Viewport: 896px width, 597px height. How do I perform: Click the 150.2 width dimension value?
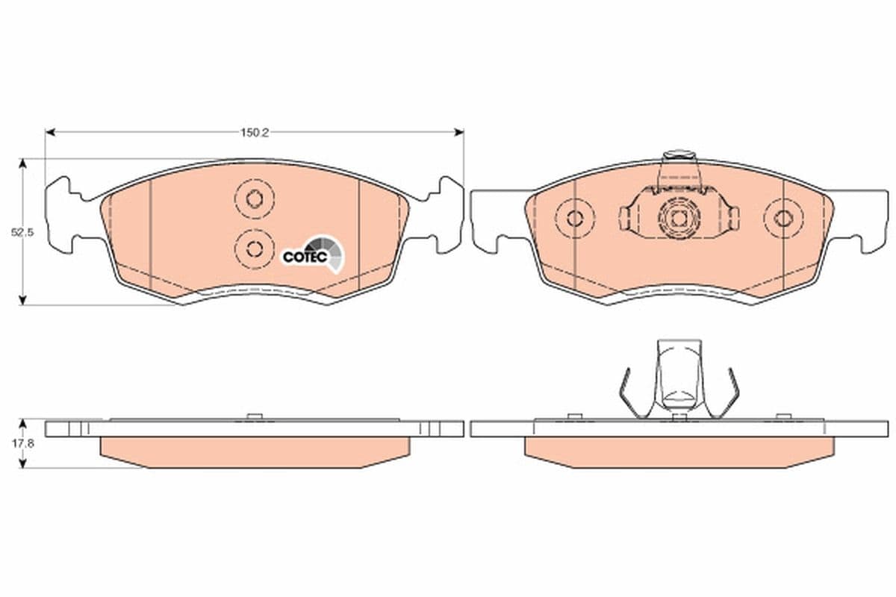pos(254,133)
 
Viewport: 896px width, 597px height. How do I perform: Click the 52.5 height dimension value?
pos(22,232)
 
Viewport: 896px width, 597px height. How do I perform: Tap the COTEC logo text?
pos(304,257)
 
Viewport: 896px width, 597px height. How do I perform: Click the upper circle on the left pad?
pos(254,199)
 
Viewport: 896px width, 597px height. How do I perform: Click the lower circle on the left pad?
pos(254,249)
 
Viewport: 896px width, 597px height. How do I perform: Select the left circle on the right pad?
pos(574,218)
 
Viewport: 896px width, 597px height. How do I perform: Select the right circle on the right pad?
pos(783,218)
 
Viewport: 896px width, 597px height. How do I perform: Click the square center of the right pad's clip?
pos(678,219)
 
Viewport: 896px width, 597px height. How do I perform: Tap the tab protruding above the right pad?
pos(678,157)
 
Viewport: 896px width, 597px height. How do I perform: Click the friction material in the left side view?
pos(254,451)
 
